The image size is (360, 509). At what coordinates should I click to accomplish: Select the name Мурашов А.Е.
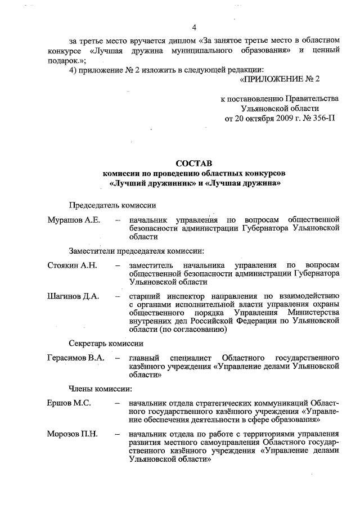pyautogui.click(x=74, y=219)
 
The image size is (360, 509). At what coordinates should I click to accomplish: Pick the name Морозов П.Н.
pyautogui.click(x=73, y=434)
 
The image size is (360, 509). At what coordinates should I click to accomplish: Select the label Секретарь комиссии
pyautogui.click(x=106, y=343)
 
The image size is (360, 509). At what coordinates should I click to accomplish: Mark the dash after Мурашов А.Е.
pyautogui.click(x=117, y=219)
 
